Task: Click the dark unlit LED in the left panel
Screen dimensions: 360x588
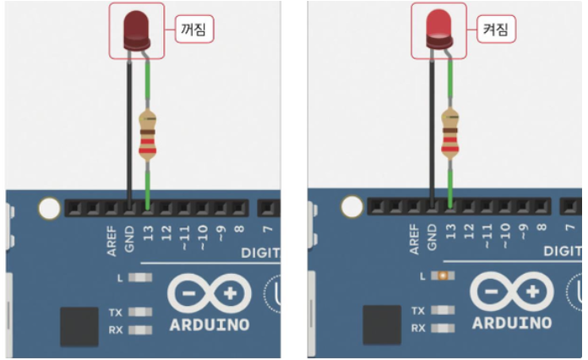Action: tap(135, 30)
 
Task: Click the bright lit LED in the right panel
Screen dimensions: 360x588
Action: tap(438, 30)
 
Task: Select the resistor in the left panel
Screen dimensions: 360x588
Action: tap(148, 135)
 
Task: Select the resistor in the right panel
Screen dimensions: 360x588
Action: tap(450, 135)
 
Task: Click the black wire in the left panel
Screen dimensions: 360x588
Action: tap(129, 127)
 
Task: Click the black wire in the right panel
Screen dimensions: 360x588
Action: tap(432, 127)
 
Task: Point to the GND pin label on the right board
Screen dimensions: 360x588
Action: tap(433, 237)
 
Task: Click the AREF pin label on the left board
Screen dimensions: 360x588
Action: tap(112, 239)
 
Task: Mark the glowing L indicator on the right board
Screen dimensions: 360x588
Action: tap(440, 276)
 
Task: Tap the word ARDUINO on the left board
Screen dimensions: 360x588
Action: tap(210, 325)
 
